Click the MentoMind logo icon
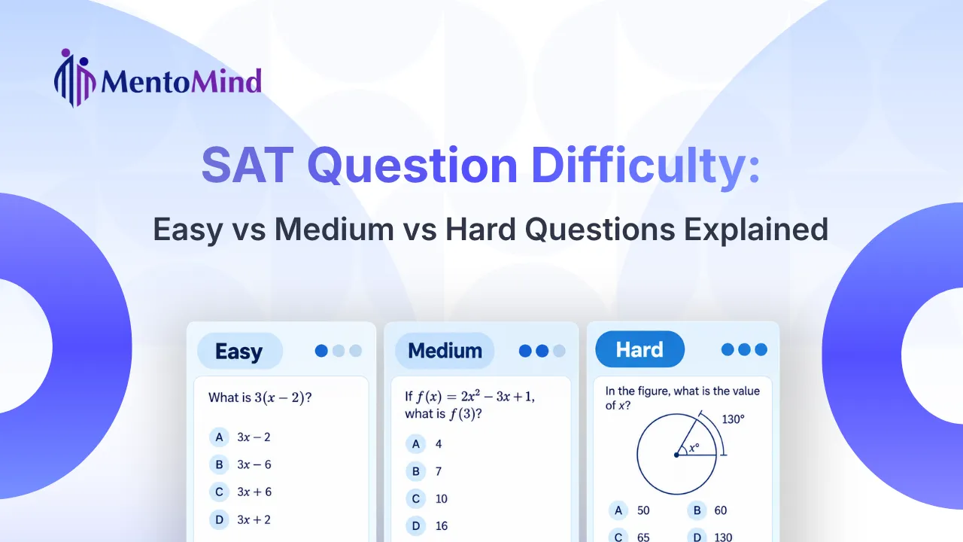click(x=74, y=78)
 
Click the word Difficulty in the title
click(x=646, y=166)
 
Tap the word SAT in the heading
click(x=248, y=165)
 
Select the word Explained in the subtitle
click(x=756, y=229)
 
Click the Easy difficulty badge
click(x=240, y=351)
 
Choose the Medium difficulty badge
click(x=445, y=350)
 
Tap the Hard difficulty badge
click(x=639, y=349)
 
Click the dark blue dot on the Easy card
click(x=321, y=351)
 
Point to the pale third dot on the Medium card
click(x=559, y=351)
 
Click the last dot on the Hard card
click(x=761, y=349)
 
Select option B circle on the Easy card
click(x=219, y=464)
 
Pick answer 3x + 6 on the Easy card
click(x=254, y=492)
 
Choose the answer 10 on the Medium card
click(x=442, y=498)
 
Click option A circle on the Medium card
click(x=416, y=444)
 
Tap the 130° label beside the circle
click(x=733, y=419)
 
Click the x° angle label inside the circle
click(x=694, y=448)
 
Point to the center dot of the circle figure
click(x=676, y=455)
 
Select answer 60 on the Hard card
click(x=721, y=510)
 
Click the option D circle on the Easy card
click(x=219, y=519)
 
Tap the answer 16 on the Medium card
click(x=442, y=525)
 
